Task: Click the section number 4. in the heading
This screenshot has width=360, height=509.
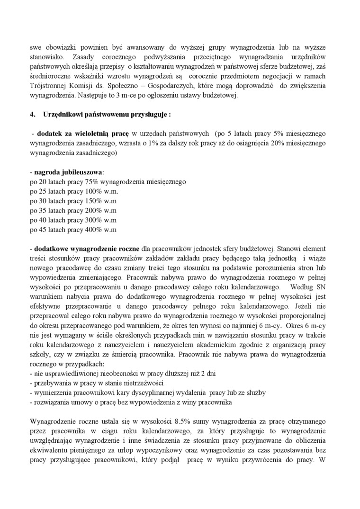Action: [x=33, y=114]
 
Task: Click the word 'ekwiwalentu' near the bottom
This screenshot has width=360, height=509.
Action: [x=48, y=449]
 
